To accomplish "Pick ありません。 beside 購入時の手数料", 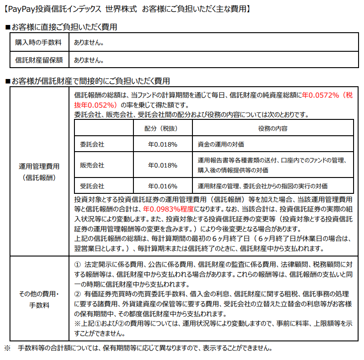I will pyautogui.click(x=89, y=43).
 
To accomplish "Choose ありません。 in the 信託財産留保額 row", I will pyautogui.click(x=89, y=59).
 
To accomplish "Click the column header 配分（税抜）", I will pyautogui.click(x=162, y=128).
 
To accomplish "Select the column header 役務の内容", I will pyautogui.click(x=272, y=128).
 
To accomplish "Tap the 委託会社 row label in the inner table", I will pyautogui.click(x=92, y=144).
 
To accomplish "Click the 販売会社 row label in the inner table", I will pyautogui.click(x=92, y=165).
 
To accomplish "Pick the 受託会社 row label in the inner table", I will pyautogui.click(x=92, y=186).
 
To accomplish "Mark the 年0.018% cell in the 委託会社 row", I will pyautogui.click(x=162, y=144).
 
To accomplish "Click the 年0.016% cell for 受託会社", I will pyautogui.click(x=162, y=186).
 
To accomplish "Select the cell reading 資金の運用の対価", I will pyautogui.click(x=221, y=144).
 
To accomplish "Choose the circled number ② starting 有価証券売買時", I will pyautogui.click(x=77, y=295).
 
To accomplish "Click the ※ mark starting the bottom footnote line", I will pyautogui.click(x=7, y=349).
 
